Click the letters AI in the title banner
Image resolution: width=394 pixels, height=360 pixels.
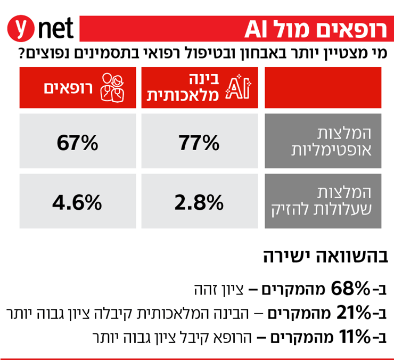coord(261,29)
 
